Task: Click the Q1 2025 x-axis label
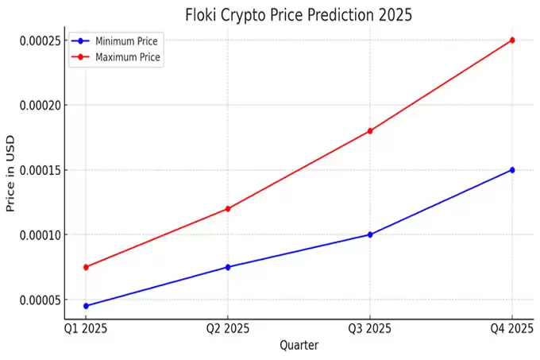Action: pyautogui.click(x=86, y=329)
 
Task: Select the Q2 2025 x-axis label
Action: pyautogui.click(x=228, y=329)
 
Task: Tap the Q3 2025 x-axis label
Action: pyautogui.click(x=370, y=329)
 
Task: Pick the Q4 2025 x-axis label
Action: pyautogui.click(x=512, y=329)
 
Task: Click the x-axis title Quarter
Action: pyautogui.click(x=299, y=346)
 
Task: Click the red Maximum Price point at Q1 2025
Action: pyautogui.click(x=86, y=267)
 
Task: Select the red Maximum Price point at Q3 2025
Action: pyautogui.click(x=370, y=130)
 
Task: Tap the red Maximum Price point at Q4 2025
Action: pyautogui.click(x=512, y=40)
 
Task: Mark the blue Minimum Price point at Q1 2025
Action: pyautogui.click(x=86, y=306)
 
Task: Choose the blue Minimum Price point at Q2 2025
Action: pyautogui.click(x=228, y=267)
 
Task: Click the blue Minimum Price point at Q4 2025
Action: pyautogui.click(x=512, y=170)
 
